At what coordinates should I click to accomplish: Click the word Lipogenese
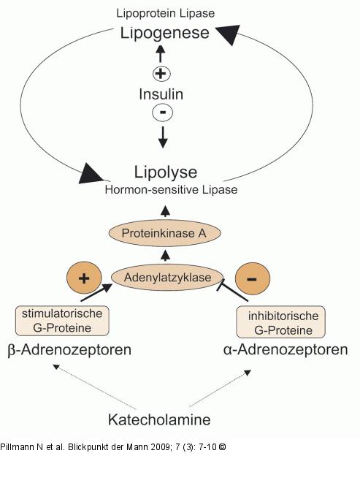(x=165, y=34)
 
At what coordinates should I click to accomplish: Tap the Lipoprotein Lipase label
(x=165, y=13)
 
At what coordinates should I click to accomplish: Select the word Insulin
(x=161, y=94)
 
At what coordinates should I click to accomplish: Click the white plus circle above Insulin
(x=161, y=74)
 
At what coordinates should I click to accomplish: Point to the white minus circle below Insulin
(x=163, y=112)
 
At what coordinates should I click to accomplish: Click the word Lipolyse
(x=165, y=172)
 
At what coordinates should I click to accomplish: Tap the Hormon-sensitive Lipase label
(x=171, y=190)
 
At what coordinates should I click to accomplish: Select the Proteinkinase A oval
(x=165, y=233)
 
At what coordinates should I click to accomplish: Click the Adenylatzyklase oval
(x=167, y=278)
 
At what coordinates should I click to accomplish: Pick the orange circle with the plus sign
(x=84, y=278)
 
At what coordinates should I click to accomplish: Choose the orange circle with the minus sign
(x=252, y=278)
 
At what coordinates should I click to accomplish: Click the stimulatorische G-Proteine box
(x=62, y=321)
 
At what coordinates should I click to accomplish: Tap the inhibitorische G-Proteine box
(x=281, y=322)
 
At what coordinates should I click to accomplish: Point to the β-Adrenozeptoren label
(x=69, y=350)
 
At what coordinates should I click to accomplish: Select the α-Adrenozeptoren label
(x=286, y=350)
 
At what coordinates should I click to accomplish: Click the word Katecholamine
(x=159, y=419)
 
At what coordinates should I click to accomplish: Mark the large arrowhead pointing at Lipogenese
(x=229, y=34)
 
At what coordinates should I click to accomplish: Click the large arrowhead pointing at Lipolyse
(x=91, y=174)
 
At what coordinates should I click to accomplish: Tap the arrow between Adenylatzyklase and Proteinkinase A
(x=166, y=256)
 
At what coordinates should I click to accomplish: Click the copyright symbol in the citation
(x=222, y=447)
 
